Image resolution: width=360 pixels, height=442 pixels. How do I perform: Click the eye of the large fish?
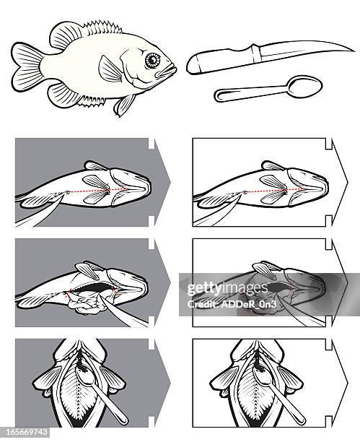pyautogui.click(x=152, y=61)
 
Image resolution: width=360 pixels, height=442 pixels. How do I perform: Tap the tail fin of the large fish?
pyautogui.click(x=27, y=65)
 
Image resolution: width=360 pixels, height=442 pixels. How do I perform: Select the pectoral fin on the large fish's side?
pyautogui.click(x=112, y=70)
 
